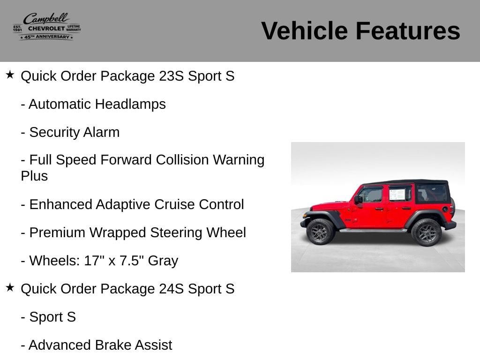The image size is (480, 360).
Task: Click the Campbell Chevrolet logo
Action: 47,27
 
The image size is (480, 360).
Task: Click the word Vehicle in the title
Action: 304,30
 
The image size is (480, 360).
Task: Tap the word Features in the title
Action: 408,30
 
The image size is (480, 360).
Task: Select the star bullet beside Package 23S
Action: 10,75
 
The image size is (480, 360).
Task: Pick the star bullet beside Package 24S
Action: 10,287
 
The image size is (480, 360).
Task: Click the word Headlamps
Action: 130,104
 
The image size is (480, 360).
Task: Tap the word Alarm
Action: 101,132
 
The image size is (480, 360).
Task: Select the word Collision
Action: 182,160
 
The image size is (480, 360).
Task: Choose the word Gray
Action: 163,261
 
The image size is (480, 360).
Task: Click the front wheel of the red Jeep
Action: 320,232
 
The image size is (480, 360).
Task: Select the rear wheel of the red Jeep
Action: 426,232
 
